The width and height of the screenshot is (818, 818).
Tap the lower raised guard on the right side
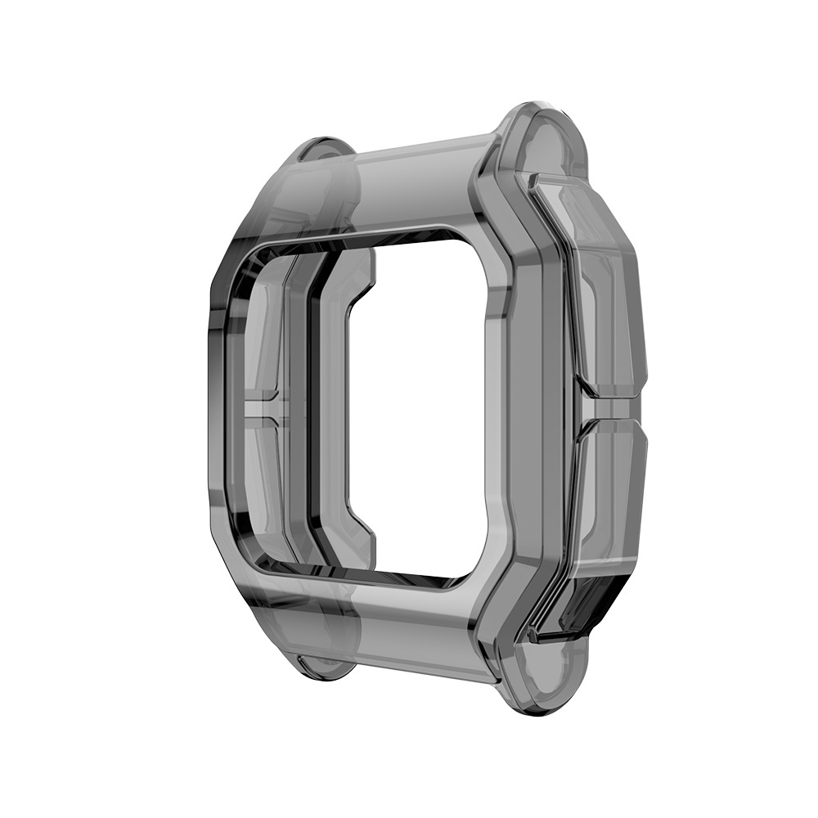click(x=609, y=499)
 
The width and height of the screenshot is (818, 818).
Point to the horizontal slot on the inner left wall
click(x=263, y=407)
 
